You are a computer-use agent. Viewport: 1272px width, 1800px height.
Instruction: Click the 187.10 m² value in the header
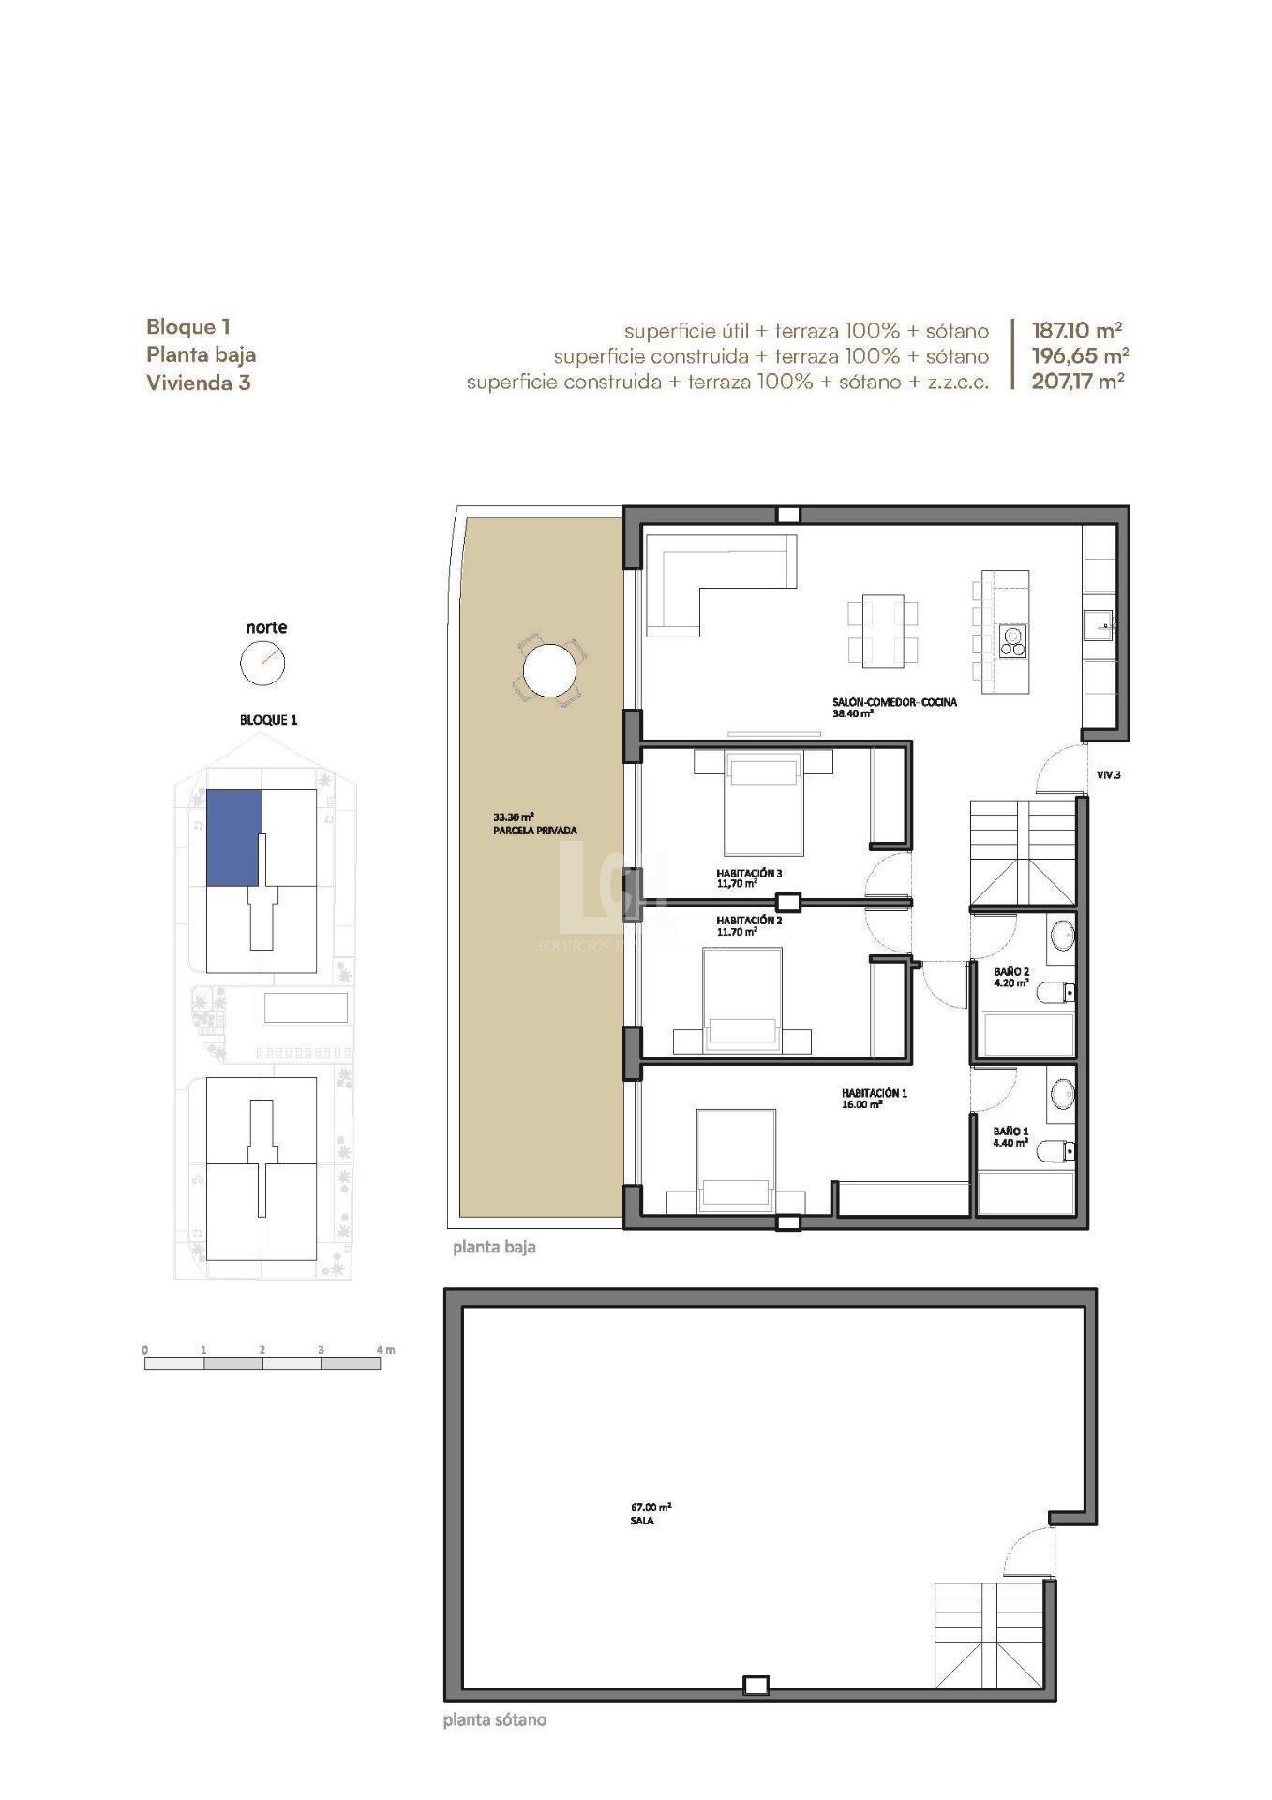point(1076,330)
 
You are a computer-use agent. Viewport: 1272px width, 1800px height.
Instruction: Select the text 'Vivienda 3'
point(198,382)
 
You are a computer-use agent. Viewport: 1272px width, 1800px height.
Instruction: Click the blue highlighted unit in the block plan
point(232,837)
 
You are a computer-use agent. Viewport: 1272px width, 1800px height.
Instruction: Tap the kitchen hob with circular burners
point(1012,639)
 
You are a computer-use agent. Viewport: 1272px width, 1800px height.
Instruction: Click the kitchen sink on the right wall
point(1100,623)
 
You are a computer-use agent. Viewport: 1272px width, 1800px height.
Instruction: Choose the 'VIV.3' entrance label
point(1109,775)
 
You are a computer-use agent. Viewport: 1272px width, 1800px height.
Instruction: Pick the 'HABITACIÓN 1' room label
point(874,1093)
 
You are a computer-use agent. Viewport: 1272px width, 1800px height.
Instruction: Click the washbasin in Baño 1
point(1062,1092)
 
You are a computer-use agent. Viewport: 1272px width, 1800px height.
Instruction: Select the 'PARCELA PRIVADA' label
point(534,831)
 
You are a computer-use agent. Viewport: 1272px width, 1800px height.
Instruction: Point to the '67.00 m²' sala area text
point(651,1507)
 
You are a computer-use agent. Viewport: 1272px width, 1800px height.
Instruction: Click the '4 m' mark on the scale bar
point(385,1349)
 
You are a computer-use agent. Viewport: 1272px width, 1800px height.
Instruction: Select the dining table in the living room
point(882,630)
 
